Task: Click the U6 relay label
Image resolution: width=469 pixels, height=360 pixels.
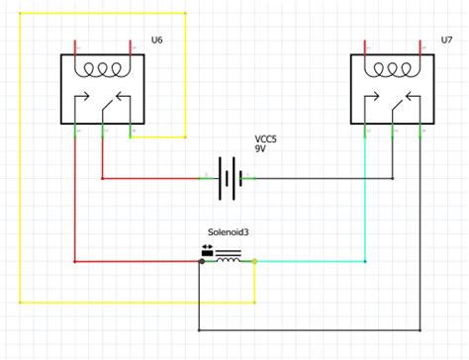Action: [x=156, y=39]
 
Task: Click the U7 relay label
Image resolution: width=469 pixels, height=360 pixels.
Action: [x=447, y=39]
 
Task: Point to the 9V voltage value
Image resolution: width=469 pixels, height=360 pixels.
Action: [x=260, y=148]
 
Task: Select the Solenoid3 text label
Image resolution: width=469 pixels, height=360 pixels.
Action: [x=228, y=231]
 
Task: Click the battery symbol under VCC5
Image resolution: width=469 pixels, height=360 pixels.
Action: [x=230, y=178]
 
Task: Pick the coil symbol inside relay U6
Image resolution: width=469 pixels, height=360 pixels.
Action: [x=102, y=71]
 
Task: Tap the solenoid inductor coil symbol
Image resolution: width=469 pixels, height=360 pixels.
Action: [x=229, y=259]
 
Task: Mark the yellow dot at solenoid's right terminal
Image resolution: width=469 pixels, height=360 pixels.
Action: [x=255, y=261]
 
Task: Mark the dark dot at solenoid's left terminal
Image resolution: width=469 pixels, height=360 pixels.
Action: [x=201, y=261]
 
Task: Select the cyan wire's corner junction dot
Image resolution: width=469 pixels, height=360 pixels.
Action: [x=366, y=261]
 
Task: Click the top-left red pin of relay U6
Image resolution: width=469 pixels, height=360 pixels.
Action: [x=77, y=46]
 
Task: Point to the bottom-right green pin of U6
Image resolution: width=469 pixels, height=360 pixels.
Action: [x=130, y=132]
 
